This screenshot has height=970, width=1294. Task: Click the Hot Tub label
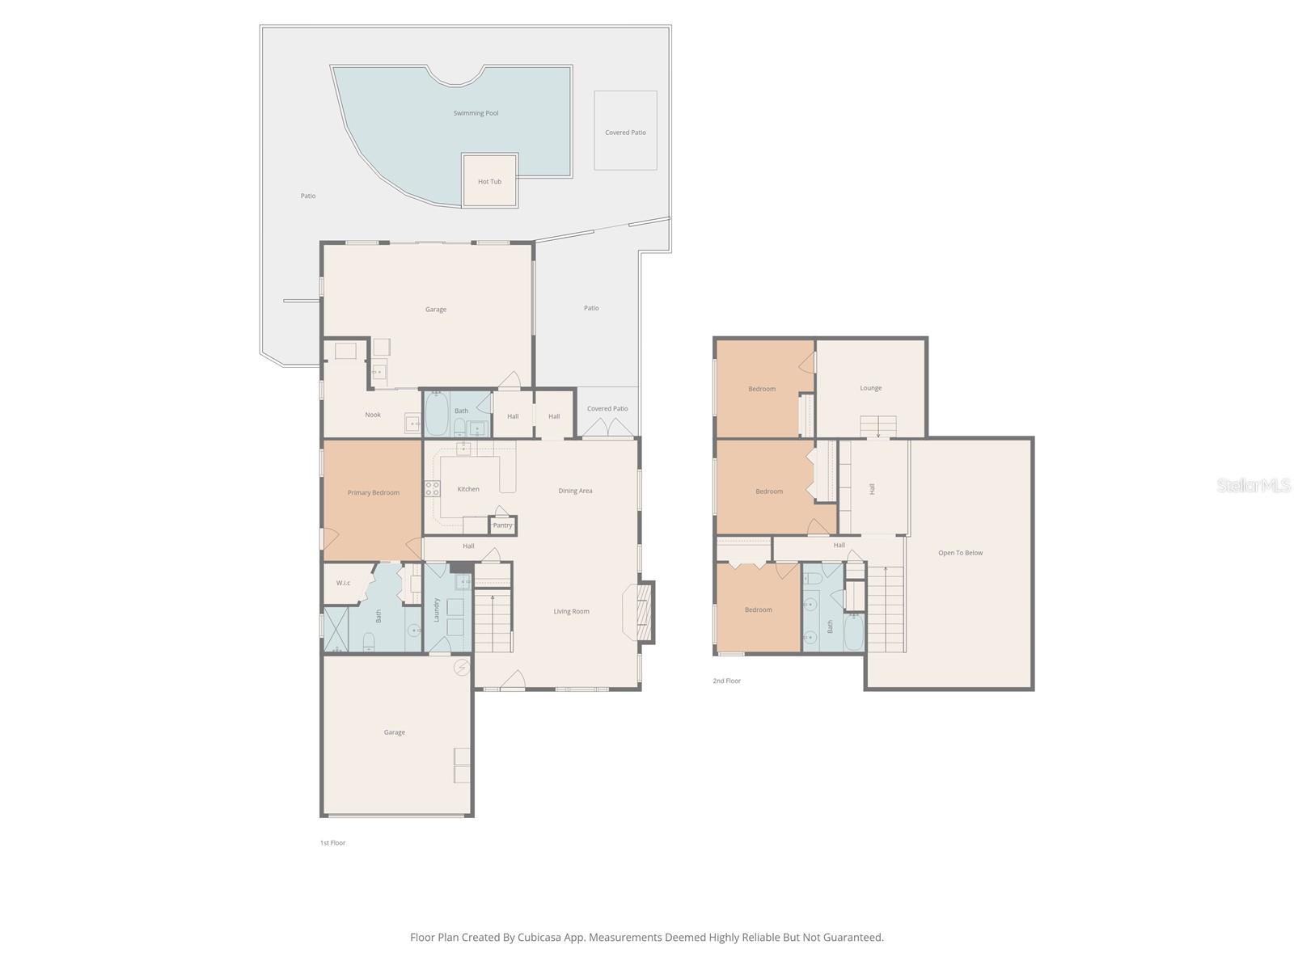point(489,182)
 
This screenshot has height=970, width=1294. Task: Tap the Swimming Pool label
point(476,113)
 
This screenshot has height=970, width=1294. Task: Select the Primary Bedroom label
point(373,492)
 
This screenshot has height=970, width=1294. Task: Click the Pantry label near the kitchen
point(502,525)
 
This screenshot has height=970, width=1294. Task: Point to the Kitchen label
point(468,489)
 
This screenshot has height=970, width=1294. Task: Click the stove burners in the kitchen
point(433,488)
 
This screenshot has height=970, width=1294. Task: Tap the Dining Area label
point(575,491)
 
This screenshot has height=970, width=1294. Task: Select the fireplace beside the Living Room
point(644,612)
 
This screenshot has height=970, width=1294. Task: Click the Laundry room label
point(436,609)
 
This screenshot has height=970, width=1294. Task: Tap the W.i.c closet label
point(343,583)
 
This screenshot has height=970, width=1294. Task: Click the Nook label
point(373,415)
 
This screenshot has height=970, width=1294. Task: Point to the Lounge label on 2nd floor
point(870,388)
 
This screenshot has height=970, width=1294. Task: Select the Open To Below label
point(960,553)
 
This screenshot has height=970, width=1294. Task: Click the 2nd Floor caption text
point(726,681)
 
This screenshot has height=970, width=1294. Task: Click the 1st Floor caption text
point(332,842)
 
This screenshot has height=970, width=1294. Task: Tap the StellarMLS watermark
point(1254,485)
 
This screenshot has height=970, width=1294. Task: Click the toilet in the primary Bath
point(370,642)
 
